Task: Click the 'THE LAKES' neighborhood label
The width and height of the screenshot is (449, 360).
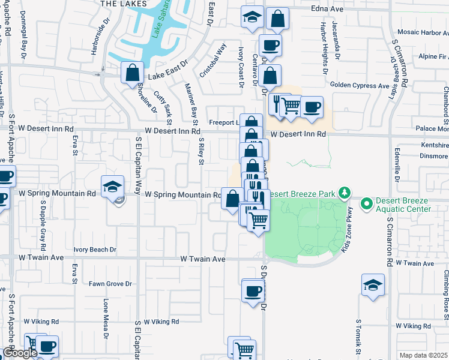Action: tap(124, 4)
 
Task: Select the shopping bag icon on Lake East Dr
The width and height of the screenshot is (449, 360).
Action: tap(132, 74)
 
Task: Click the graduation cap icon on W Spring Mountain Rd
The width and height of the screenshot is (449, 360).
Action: tap(112, 187)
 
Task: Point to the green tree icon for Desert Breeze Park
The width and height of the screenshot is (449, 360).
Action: tap(345, 193)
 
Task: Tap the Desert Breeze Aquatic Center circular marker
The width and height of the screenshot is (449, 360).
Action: tap(367, 205)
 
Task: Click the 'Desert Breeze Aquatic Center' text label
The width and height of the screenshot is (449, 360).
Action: tap(403, 205)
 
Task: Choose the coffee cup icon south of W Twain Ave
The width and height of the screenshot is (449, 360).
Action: tap(253, 292)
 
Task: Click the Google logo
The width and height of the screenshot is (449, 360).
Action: tap(19, 353)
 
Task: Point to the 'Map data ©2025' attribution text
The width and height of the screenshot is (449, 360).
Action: tap(424, 355)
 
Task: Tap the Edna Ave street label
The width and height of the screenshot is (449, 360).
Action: tap(327, 9)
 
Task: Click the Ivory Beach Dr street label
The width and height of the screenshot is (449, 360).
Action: tap(95, 249)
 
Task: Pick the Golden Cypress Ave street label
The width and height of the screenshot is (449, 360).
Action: tap(360, 86)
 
